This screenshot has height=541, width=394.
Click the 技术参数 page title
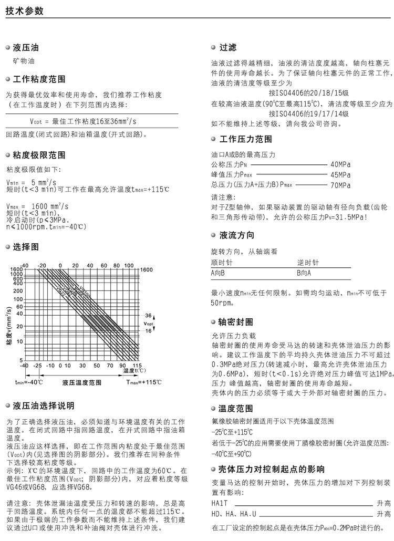click(25, 11)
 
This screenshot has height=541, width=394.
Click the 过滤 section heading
click(227, 48)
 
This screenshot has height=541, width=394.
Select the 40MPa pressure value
click(340, 164)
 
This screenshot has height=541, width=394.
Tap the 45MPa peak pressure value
click(340, 174)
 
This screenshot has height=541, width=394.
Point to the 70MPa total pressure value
click(340, 185)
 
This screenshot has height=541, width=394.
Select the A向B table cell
click(218, 273)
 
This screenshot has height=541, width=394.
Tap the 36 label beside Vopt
click(148, 316)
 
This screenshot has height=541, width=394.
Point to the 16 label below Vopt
click(148, 330)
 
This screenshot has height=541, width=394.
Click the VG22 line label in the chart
click(61, 289)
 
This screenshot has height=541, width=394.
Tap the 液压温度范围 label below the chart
click(81, 382)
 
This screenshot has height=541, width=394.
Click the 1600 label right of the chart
click(146, 269)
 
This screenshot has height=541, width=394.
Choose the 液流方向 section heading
click(236, 235)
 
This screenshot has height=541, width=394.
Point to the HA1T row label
click(219, 503)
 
